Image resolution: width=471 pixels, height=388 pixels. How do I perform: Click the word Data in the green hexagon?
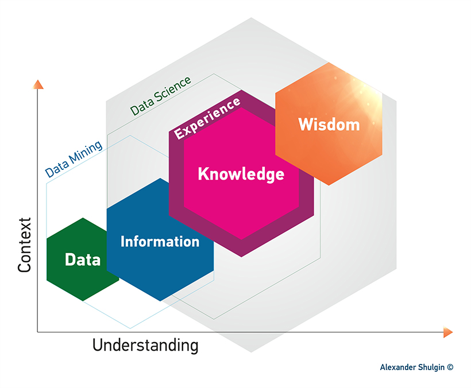[83, 259]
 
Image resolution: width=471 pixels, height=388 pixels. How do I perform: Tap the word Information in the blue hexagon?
[160, 241]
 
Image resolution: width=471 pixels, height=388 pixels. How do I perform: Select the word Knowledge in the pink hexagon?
[241, 174]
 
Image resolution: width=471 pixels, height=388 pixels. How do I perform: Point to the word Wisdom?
[329, 124]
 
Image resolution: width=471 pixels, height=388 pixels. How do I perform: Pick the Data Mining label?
[74, 158]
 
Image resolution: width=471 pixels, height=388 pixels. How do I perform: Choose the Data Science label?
[160, 96]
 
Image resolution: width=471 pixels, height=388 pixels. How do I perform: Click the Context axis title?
[24, 245]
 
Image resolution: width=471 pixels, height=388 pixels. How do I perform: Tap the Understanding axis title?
[145, 346]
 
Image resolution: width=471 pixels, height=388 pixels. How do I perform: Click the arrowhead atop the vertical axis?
[38, 84]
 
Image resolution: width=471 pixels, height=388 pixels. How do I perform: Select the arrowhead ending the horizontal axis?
[447, 332]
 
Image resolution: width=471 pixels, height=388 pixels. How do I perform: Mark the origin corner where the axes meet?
[38, 332]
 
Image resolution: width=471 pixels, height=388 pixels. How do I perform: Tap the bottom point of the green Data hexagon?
[83, 301]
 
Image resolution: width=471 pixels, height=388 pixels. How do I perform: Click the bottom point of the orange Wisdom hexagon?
[329, 185]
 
